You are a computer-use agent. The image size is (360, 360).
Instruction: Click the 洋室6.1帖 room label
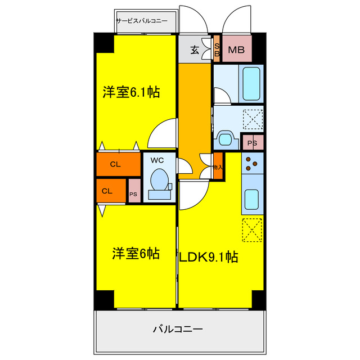[x=131, y=93]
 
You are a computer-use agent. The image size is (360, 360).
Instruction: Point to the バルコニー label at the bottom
[x=178, y=329]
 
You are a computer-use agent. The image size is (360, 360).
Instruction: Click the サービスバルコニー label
[x=145, y=21]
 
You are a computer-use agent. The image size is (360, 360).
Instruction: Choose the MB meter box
[x=235, y=50]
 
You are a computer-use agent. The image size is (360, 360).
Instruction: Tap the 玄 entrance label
[x=195, y=50]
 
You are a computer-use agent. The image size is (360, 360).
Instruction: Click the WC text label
[x=156, y=160]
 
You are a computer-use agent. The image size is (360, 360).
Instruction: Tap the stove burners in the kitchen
[x=251, y=163]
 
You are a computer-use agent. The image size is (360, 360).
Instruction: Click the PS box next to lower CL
[x=134, y=191]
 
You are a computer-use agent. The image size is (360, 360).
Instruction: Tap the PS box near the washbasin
[x=253, y=143]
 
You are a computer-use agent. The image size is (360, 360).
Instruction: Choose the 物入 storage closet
[x=218, y=166]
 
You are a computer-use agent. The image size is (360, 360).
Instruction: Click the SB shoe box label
[x=217, y=50]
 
